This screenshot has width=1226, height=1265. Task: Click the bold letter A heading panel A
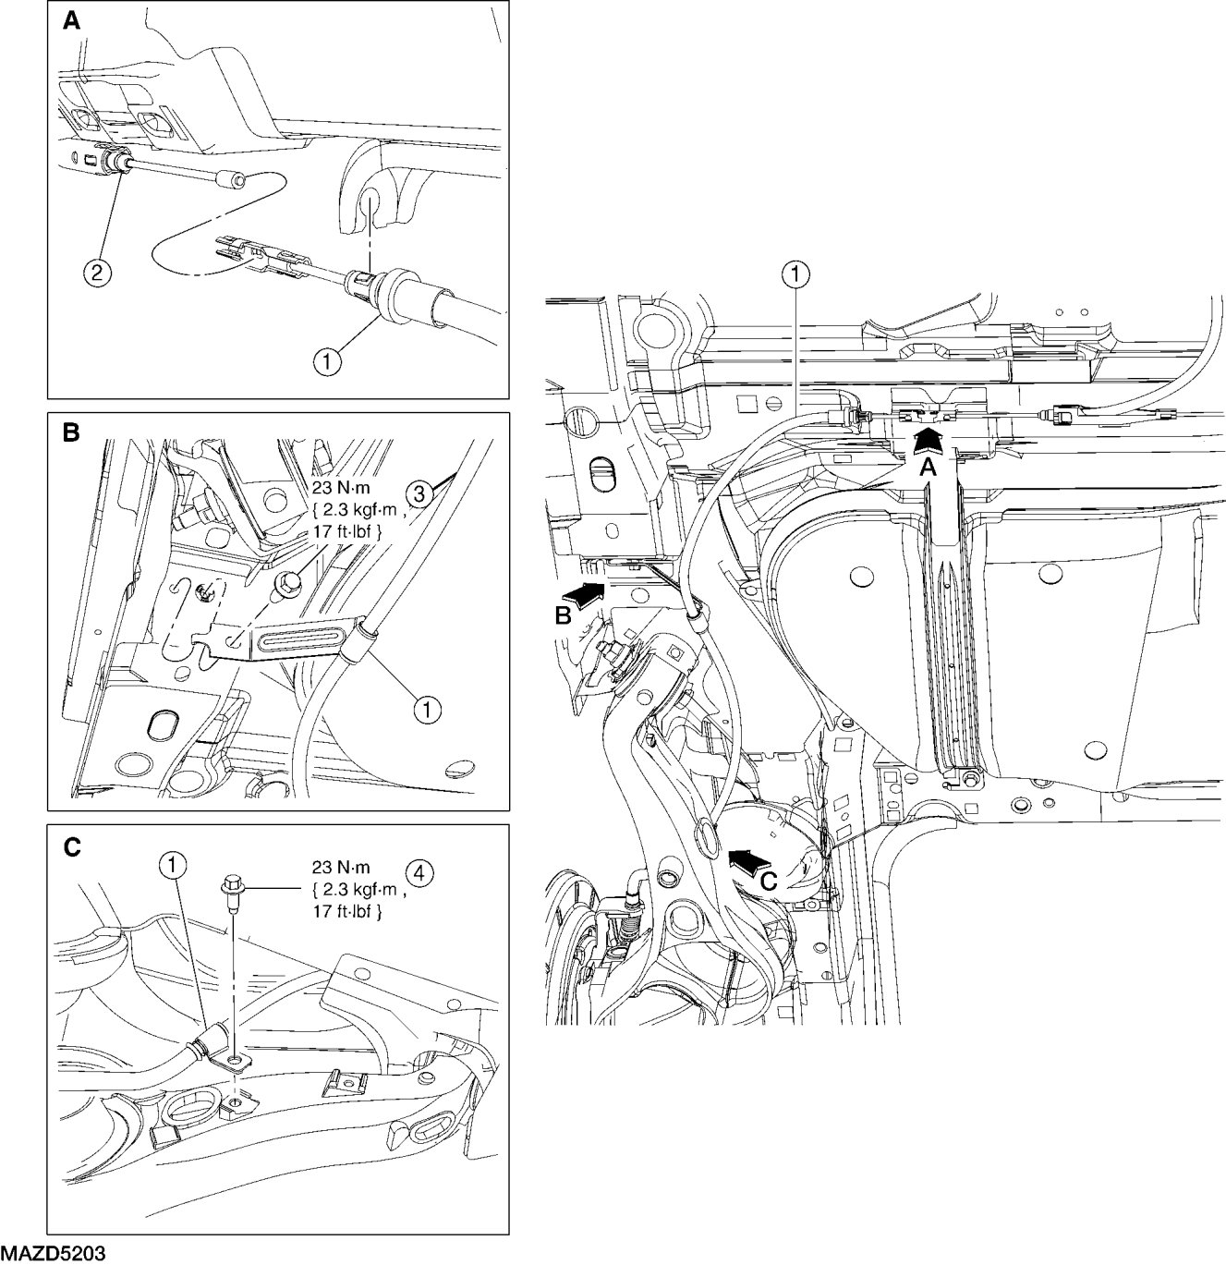coord(71,21)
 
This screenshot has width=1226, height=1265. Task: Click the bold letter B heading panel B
coord(71,433)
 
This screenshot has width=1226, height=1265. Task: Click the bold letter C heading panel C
coord(71,847)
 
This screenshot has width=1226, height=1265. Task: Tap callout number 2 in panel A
coord(96,272)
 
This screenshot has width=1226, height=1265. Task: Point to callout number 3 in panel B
coord(419,494)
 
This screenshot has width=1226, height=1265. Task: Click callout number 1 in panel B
coord(427,710)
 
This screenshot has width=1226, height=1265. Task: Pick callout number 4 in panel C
coord(419,874)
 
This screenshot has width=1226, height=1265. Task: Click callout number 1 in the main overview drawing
coord(796,275)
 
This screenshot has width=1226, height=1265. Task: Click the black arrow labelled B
coord(583,593)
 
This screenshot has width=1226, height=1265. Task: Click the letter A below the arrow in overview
coord(929,468)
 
